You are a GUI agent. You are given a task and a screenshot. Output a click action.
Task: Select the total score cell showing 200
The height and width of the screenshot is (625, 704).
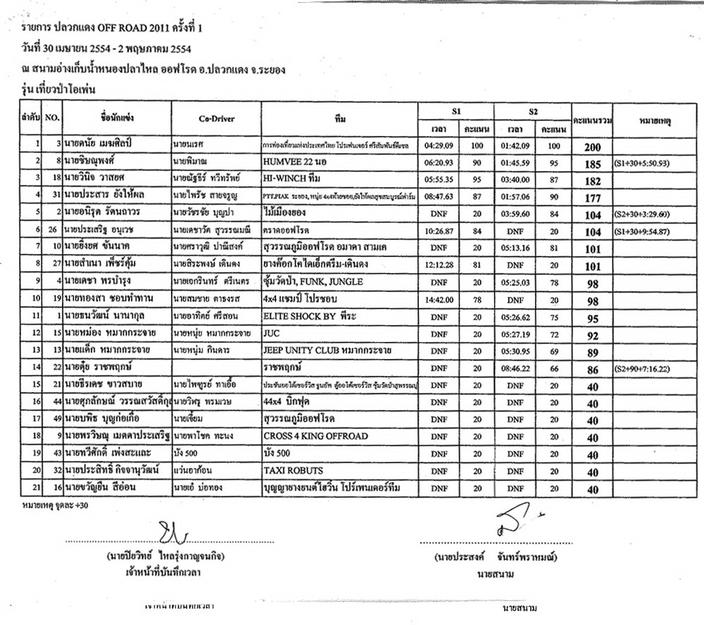tap(592, 147)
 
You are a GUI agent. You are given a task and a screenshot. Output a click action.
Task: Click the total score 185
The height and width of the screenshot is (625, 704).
tap(592, 165)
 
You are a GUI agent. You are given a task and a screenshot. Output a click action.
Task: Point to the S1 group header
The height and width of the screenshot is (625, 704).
tap(456, 111)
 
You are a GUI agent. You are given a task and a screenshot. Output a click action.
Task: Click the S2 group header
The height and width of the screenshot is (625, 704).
tap(533, 111)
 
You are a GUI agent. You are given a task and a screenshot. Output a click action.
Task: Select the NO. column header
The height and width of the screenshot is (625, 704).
tap(52, 118)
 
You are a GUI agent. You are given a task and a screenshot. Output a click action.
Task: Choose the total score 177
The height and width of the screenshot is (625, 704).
tap(592, 198)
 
